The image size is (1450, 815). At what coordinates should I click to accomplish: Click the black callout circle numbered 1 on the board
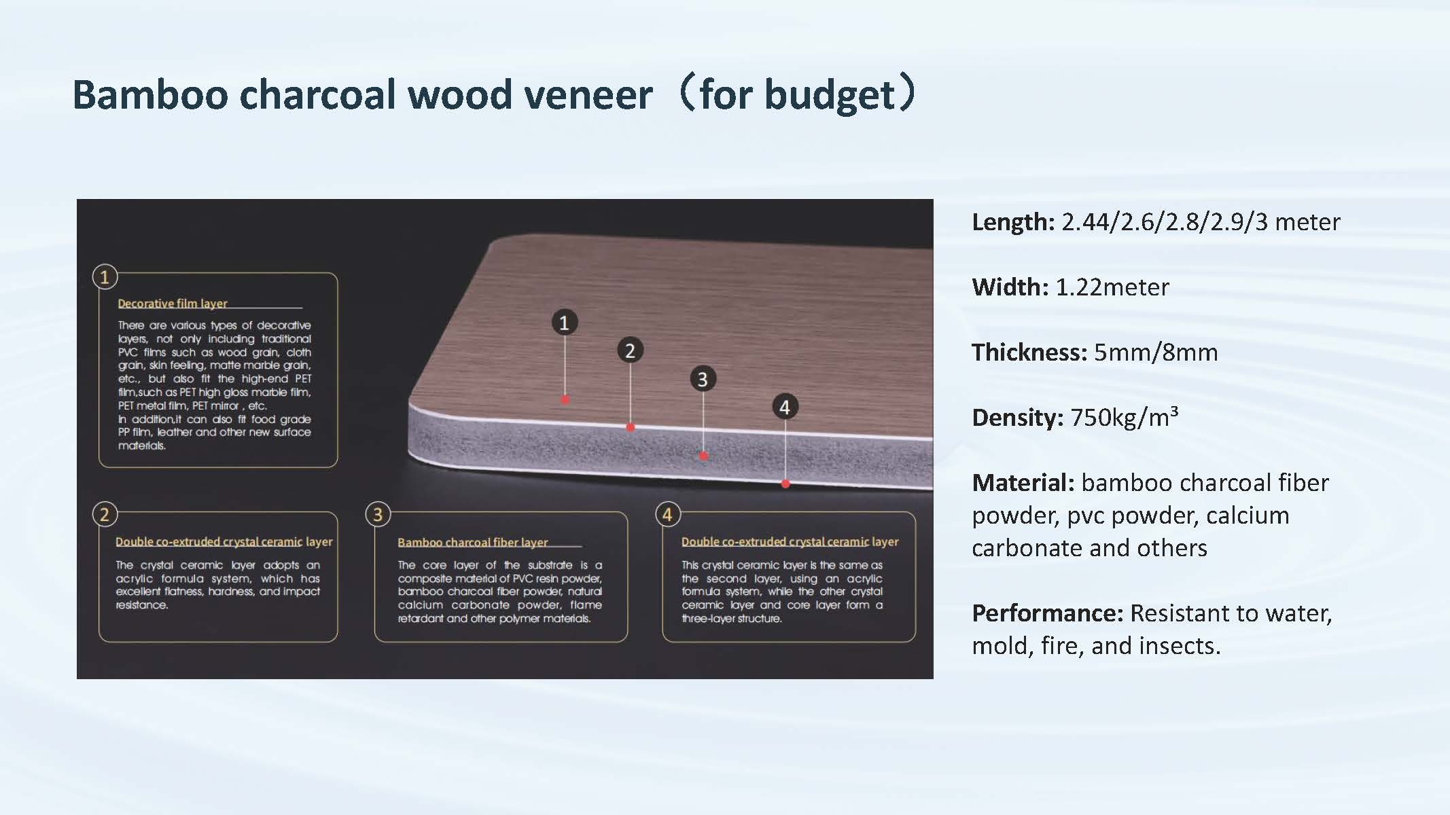[x=564, y=322]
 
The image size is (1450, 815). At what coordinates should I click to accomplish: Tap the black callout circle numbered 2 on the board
[x=630, y=350]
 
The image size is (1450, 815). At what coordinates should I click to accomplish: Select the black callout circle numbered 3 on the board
[x=703, y=379]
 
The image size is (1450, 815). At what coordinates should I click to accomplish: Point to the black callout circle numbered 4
[x=785, y=407]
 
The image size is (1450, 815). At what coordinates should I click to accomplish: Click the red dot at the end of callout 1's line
[x=565, y=400]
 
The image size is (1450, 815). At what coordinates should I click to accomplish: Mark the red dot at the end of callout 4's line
[x=785, y=484]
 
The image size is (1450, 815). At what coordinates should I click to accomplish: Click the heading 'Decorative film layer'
[x=173, y=304]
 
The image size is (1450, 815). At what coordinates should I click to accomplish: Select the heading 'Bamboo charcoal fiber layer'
[x=473, y=542]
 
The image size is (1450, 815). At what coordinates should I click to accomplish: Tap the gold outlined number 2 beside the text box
[x=105, y=514]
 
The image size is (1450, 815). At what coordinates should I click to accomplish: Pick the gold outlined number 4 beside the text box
[x=667, y=514]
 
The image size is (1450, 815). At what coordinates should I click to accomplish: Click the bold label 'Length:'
[x=1013, y=222]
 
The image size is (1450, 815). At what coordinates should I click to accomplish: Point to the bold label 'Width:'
[x=1010, y=287]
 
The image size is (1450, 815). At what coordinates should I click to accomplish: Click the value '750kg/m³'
[x=1125, y=417]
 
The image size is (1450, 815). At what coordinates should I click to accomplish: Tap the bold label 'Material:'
[x=1023, y=483]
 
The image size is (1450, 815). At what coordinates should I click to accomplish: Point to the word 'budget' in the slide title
[x=830, y=95]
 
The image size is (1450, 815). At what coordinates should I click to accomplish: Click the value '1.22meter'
[x=1112, y=287]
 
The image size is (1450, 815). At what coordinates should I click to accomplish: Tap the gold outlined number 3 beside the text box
[x=378, y=514]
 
